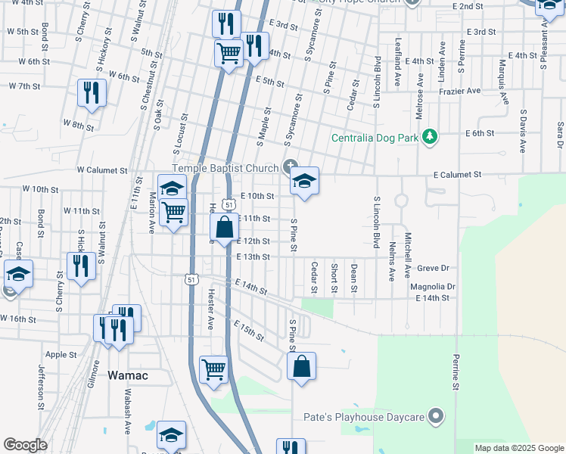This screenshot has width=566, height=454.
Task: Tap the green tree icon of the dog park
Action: pos(430,136)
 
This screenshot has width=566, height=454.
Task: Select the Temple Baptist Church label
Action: pos(226,168)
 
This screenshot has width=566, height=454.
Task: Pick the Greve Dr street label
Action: pos(434,268)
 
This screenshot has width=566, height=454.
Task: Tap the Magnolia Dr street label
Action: pos(432,287)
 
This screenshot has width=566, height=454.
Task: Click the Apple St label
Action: pos(61,354)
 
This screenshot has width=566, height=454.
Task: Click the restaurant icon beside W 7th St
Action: pos(92,93)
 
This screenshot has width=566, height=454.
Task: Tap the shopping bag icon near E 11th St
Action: pos(225,227)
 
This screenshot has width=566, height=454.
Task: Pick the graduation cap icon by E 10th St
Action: pos(304,182)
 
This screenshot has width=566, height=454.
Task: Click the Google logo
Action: pos(25,445)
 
